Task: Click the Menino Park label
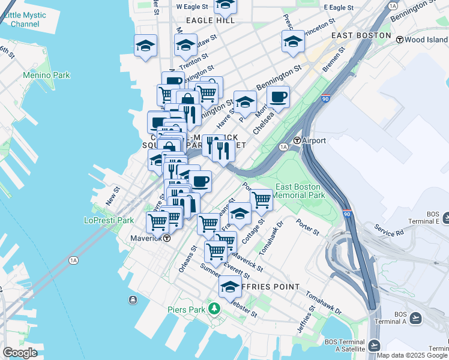46,75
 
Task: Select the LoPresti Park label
109,220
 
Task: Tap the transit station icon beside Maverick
167,238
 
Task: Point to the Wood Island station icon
399,39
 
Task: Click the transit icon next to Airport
297,140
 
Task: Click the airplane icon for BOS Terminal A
416,316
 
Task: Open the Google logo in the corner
20,352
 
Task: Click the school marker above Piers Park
229,286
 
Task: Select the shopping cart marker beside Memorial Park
261,199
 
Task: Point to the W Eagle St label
191,7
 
